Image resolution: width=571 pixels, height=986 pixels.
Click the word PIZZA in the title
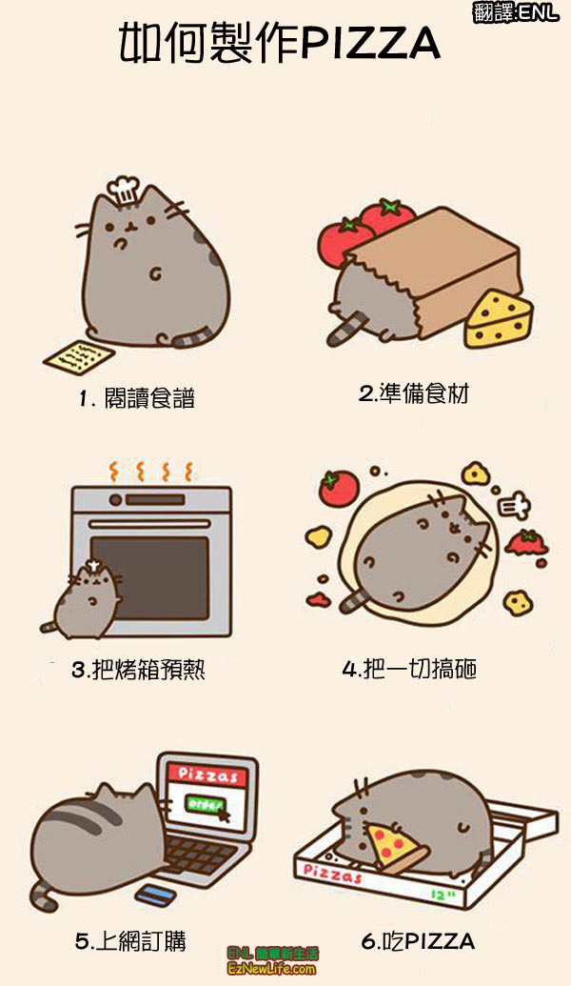point(368,45)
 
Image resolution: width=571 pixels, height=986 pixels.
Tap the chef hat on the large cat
point(123,189)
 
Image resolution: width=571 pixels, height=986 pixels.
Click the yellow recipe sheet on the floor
point(79,357)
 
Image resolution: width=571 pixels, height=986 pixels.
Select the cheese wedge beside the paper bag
point(499,319)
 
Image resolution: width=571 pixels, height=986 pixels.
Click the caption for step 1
point(136,397)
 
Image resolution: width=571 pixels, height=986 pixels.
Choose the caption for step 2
point(414,393)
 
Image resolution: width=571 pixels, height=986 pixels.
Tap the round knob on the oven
point(115,500)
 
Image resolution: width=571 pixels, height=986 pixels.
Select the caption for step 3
point(138,670)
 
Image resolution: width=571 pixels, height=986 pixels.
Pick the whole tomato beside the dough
point(339,488)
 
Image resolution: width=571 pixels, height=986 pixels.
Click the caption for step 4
point(409,668)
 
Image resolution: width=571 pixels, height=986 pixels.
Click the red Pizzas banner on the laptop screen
point(209,775)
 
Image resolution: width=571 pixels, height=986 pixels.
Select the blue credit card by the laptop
point(155,895)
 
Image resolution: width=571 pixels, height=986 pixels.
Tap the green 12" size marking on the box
point(443,895)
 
